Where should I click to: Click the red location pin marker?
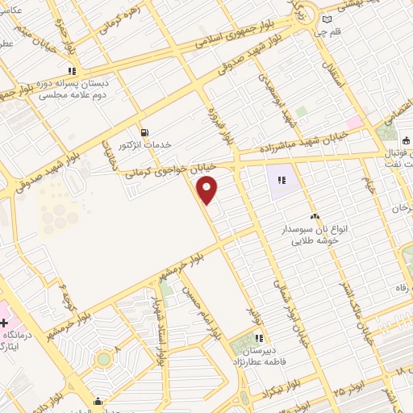[x=208, y=190]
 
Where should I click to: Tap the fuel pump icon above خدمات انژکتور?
[x=144, y=132]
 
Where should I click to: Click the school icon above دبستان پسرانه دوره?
[x=73, y=69]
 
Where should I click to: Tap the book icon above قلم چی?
[x=327, y=20]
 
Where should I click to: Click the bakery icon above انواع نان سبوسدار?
[x=315, y=216]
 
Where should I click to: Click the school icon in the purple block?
[x=282, y=180]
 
